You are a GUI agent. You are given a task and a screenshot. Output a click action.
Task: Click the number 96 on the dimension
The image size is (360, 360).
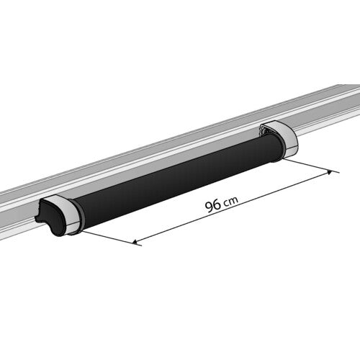click(212, 206)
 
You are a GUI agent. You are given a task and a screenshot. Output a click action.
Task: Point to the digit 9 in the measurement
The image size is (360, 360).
click(209, 207)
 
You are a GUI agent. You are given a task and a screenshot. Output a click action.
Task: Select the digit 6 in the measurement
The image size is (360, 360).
click(217, 205)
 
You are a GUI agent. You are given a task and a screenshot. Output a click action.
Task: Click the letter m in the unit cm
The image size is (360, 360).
click(233, 202)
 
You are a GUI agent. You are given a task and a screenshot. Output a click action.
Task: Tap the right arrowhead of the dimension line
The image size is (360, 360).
click(332, 172)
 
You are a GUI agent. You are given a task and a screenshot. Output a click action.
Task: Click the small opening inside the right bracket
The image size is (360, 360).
click(267, 130)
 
